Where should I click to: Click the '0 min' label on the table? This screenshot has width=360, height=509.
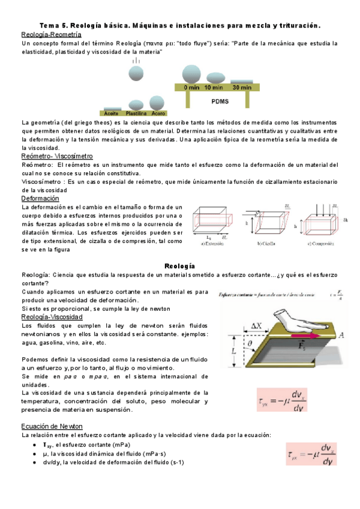[192, 88]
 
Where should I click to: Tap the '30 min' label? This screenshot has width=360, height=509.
[242, 88]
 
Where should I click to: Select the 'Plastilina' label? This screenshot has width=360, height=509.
[137, 113]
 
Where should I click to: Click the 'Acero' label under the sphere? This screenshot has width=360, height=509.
[158, 113]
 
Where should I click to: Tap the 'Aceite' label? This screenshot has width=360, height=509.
[112, 113]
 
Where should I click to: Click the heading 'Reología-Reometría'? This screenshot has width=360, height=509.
[47, 35]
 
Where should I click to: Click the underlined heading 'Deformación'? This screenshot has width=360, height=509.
[40, 198]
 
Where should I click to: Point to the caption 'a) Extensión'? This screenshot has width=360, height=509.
[214, 243]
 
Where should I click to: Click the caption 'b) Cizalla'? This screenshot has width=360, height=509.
[266, 243]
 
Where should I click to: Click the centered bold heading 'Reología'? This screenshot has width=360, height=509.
[179, 265]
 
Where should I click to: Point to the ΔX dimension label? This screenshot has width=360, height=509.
[256, 325]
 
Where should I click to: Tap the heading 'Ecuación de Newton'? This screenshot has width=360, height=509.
[47, 426]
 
